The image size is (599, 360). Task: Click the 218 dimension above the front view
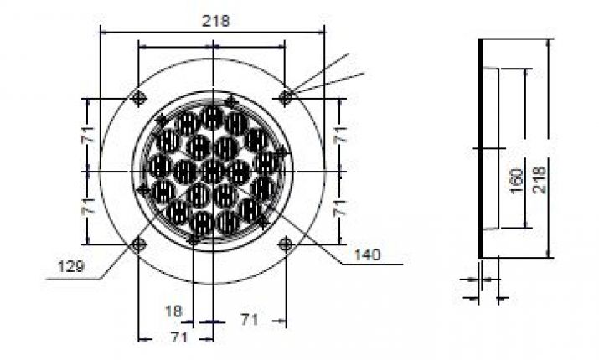click(215, 21)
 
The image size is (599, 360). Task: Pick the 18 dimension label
click(173, 310)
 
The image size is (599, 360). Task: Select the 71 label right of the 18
click(248, 319)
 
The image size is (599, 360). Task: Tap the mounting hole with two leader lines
click(286, 97)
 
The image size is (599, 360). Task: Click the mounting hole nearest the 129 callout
click(139, 244)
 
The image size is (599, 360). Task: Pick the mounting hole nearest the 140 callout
click(286, 244)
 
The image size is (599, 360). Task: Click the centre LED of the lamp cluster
click(213, 171)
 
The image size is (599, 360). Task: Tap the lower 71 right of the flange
click(339, 208)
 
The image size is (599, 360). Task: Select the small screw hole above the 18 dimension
click(194, 239)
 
